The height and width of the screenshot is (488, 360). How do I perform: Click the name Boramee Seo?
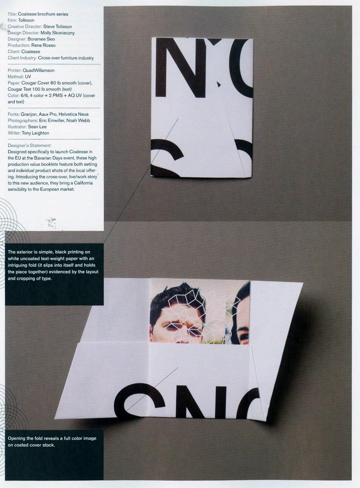(x=41, y=39)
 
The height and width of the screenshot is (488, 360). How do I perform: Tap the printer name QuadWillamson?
(x=38, y=71)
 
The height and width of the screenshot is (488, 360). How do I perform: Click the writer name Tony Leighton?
(x=35, y=133)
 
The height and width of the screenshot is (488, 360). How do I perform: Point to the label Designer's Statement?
(x=29, y=145)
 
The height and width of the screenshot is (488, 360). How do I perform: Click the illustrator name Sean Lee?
(x=37, y=127)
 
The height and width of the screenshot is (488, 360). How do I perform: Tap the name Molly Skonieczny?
(x=58, y=33)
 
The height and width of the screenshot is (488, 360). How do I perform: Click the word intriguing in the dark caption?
(x=17, y=265)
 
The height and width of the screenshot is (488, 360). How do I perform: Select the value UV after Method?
(x=28, y=77)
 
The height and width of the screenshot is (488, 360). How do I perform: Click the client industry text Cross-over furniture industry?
(x=66, y=58)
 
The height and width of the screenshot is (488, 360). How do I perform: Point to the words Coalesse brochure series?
(x=43, y=14)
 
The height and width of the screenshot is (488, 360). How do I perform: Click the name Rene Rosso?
(x=43, y=46)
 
